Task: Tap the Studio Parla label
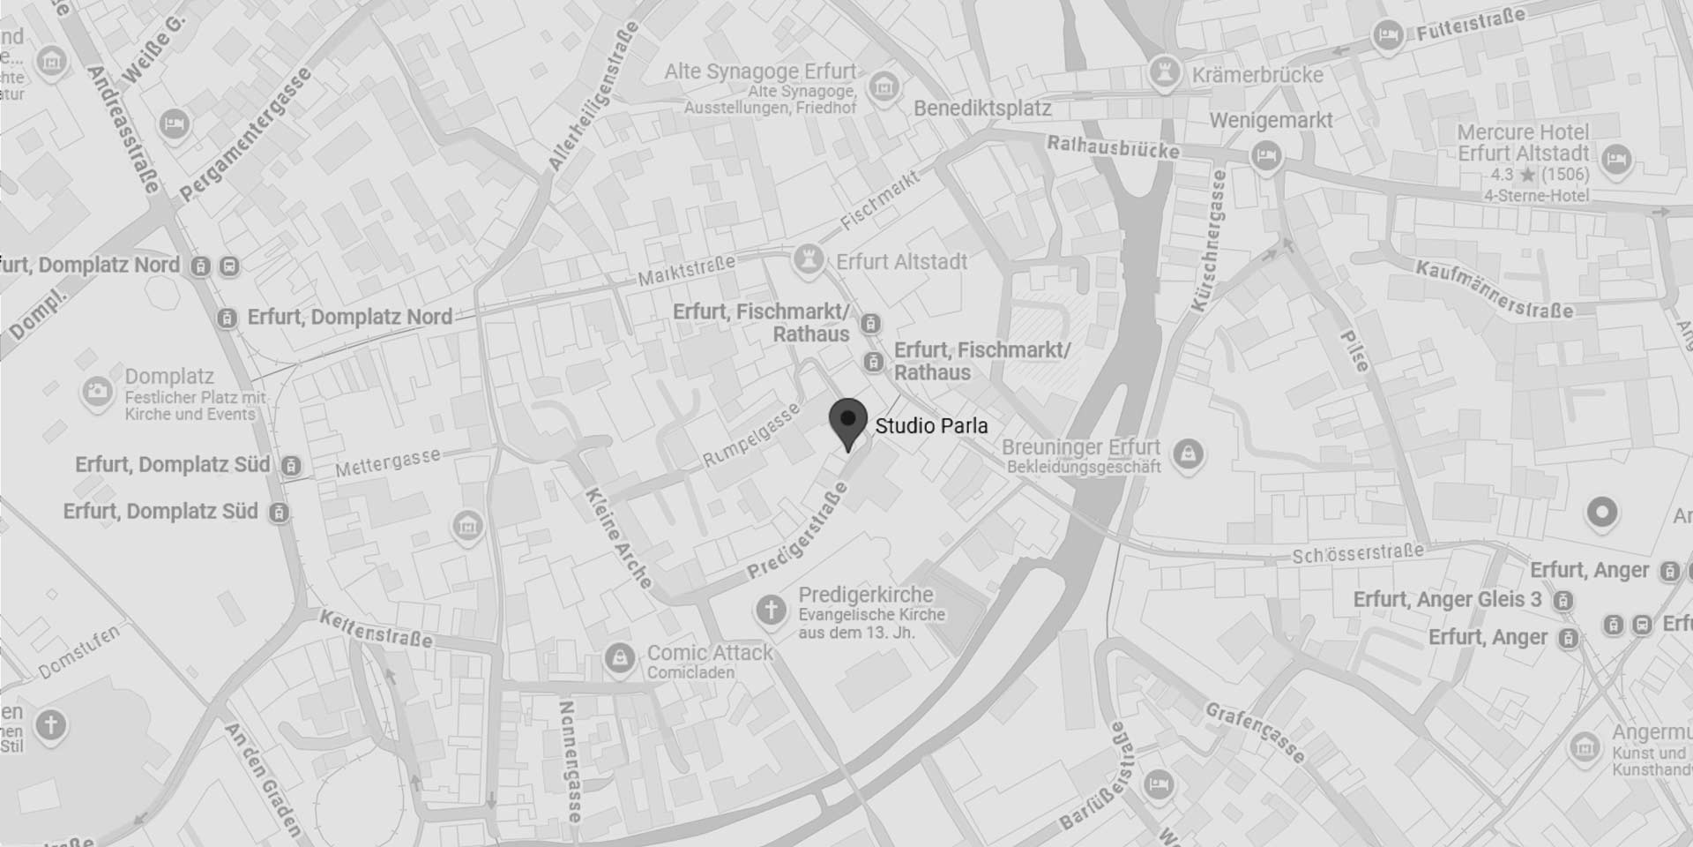931,426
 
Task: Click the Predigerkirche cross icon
772,609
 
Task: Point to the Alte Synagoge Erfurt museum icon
883,86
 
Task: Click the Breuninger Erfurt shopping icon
1188,454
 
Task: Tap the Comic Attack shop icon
620,658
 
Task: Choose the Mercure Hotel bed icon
1616,160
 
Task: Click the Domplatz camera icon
97,391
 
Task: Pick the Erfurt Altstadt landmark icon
808,260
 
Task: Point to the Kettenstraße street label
376,628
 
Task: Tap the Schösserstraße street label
1358,554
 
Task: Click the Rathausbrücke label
1113,147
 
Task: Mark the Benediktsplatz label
982,109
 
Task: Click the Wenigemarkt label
1271,120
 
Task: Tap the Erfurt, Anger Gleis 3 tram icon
1562,601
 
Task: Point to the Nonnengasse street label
570,761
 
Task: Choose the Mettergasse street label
387,463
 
